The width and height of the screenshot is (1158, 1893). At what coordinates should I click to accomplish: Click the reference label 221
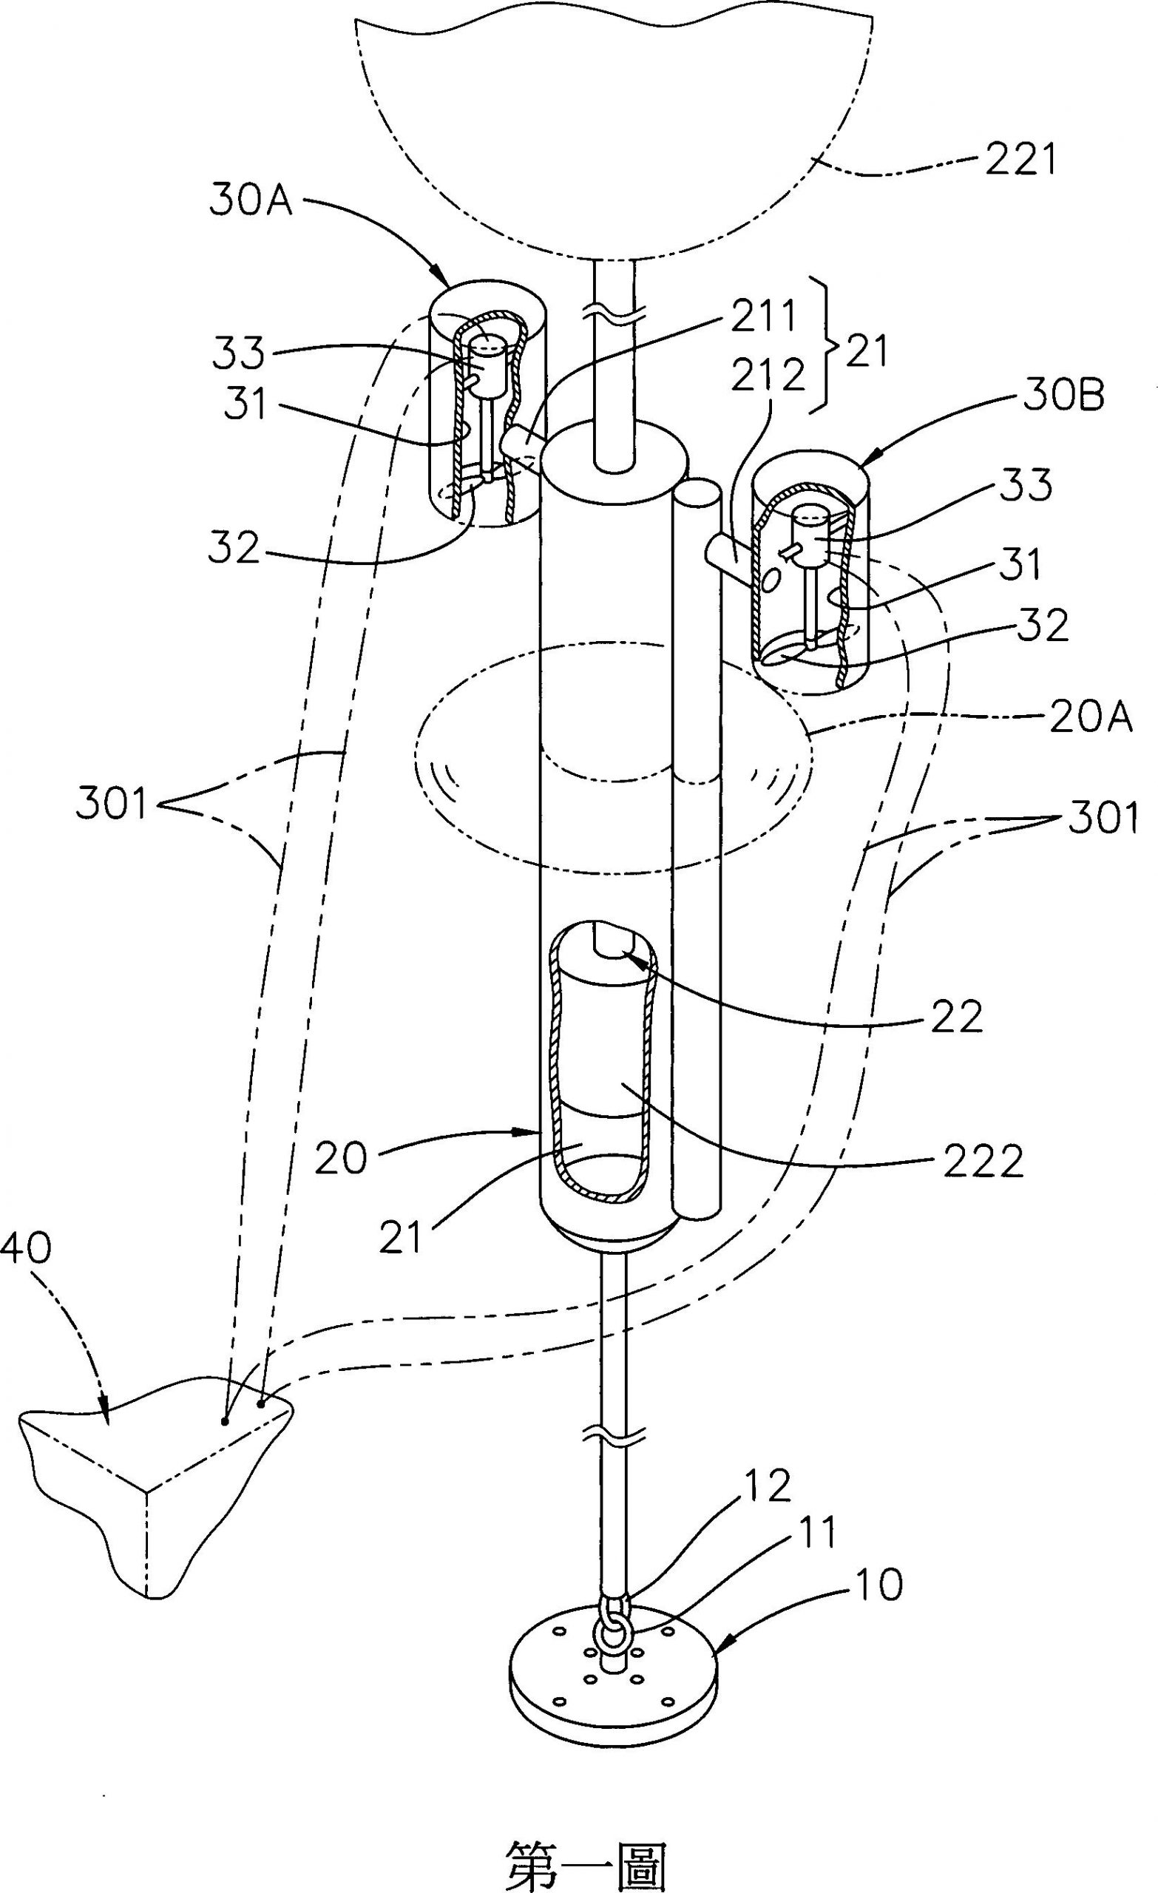tap(1016, 162)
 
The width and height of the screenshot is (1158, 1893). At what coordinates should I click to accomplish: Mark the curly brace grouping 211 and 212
tap(835, 347)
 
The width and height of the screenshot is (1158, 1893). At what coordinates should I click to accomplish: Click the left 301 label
tap(111, 805)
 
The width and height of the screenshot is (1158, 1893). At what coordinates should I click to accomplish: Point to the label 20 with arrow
tap(341, 1158)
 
